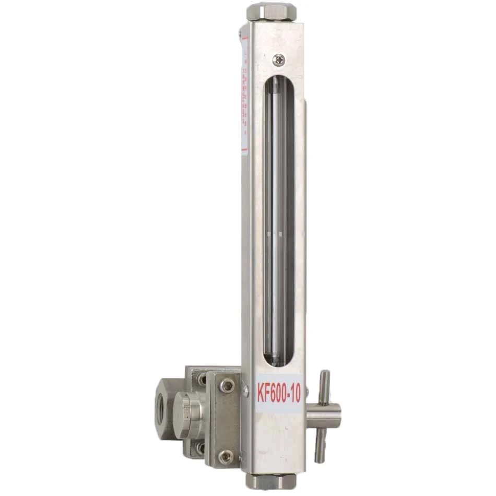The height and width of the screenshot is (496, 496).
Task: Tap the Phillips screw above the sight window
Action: pyautogui.click(x=281, y=60)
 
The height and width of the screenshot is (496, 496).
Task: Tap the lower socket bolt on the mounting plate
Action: pyautogui.click(x=226, y=457)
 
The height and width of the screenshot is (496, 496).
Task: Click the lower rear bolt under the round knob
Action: pyautogui.click(x=200, y=447)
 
